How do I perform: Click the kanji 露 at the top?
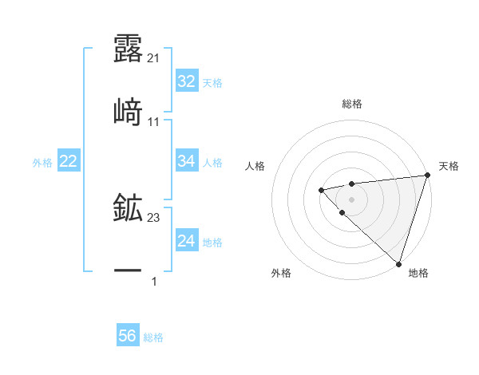128,49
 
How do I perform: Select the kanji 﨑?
128,112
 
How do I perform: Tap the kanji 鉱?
128,209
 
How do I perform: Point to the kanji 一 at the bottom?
128,271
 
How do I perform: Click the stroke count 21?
153,58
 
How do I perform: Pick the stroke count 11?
153,121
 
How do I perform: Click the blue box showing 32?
186,81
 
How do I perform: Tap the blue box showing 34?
186,161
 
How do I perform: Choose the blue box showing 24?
186,241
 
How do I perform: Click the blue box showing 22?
69,162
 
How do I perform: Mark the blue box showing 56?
128,336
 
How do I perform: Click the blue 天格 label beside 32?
212,82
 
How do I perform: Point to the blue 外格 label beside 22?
42,163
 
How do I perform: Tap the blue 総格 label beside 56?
153,337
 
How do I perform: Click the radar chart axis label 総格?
351,104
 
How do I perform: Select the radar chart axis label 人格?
255,166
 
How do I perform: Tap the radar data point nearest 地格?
398,263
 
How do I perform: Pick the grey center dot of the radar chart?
351,199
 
